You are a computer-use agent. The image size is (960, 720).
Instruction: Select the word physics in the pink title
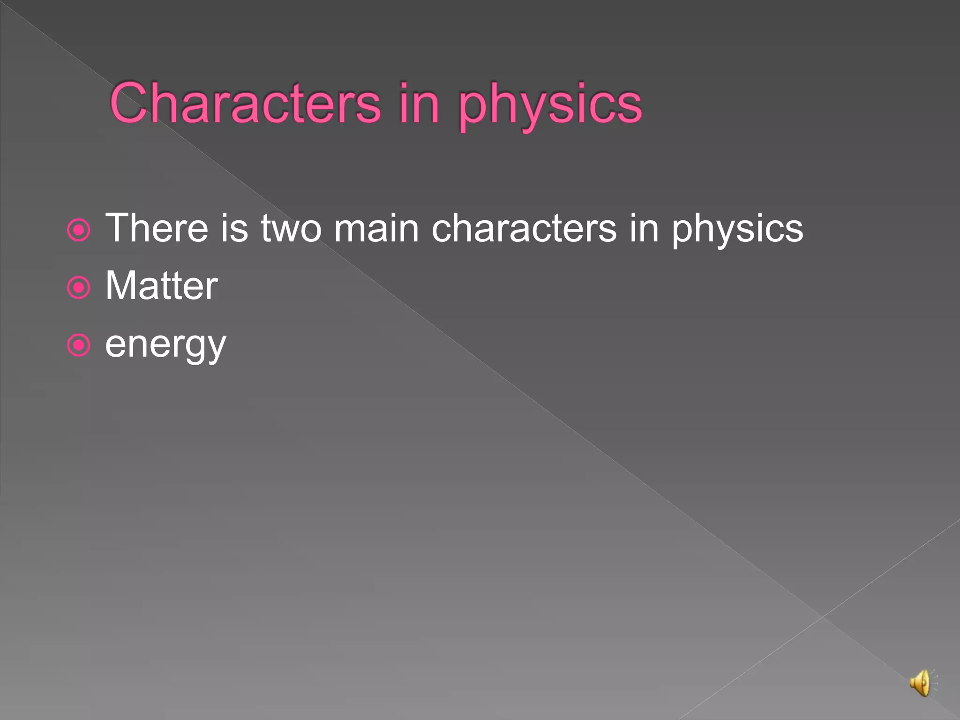(550, 105)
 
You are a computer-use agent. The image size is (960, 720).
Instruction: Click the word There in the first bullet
(157, 228)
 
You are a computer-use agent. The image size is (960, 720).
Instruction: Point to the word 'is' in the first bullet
(234, 228)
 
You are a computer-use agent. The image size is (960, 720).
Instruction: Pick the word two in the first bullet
(291, 228)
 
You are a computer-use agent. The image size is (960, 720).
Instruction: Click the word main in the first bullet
(376, 228)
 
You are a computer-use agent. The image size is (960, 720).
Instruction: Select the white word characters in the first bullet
(524, 228)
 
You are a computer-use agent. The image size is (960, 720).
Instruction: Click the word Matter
(161, 286)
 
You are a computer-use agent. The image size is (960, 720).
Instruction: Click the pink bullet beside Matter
(78, 288)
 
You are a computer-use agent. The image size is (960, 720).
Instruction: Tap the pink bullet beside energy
(78, 346)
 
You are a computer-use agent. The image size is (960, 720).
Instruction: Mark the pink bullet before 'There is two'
(78, 230)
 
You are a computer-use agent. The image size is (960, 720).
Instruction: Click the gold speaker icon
(921, 683)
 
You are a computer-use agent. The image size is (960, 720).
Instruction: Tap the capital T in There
(118, 228)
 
